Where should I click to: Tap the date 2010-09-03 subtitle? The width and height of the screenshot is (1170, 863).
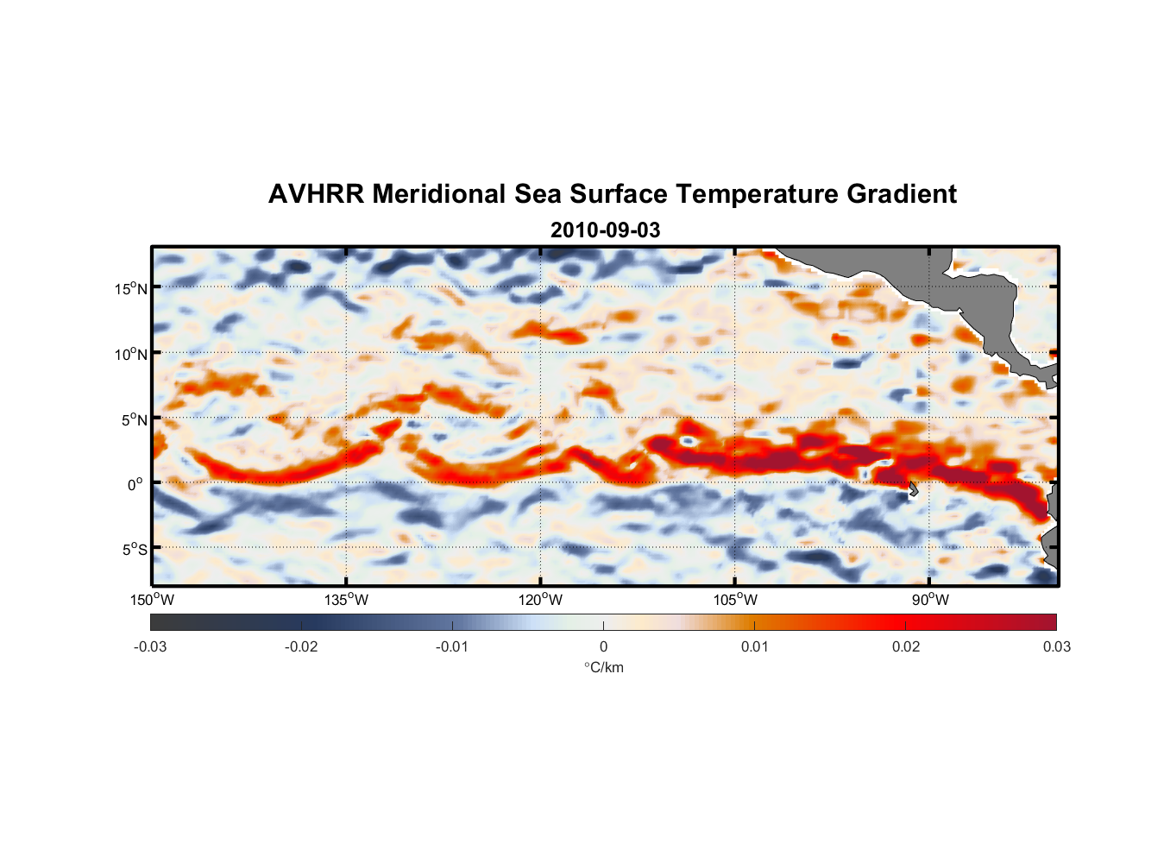605,230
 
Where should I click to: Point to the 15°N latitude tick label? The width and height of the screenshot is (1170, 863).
131,288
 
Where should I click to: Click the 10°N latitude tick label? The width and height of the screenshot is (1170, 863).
131,354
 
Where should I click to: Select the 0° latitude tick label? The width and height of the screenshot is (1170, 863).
135,484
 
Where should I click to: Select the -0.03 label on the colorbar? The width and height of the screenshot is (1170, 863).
150,647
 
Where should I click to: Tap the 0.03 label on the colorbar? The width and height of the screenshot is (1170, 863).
1056,647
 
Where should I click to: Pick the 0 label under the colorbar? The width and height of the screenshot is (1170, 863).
603,647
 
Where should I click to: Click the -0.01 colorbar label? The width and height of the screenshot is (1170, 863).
452,647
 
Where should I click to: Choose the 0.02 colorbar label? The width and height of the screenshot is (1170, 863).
906,647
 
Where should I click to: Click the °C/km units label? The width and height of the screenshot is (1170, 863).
604,667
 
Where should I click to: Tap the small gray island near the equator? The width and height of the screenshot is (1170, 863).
913,489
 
